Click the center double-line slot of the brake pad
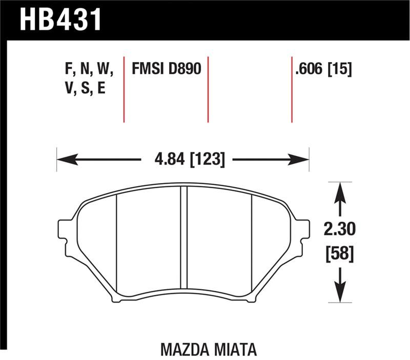click(183, 241)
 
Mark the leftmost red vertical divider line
click(124, 87)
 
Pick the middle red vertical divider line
click(208, 87)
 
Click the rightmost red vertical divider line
click(292, 87)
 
